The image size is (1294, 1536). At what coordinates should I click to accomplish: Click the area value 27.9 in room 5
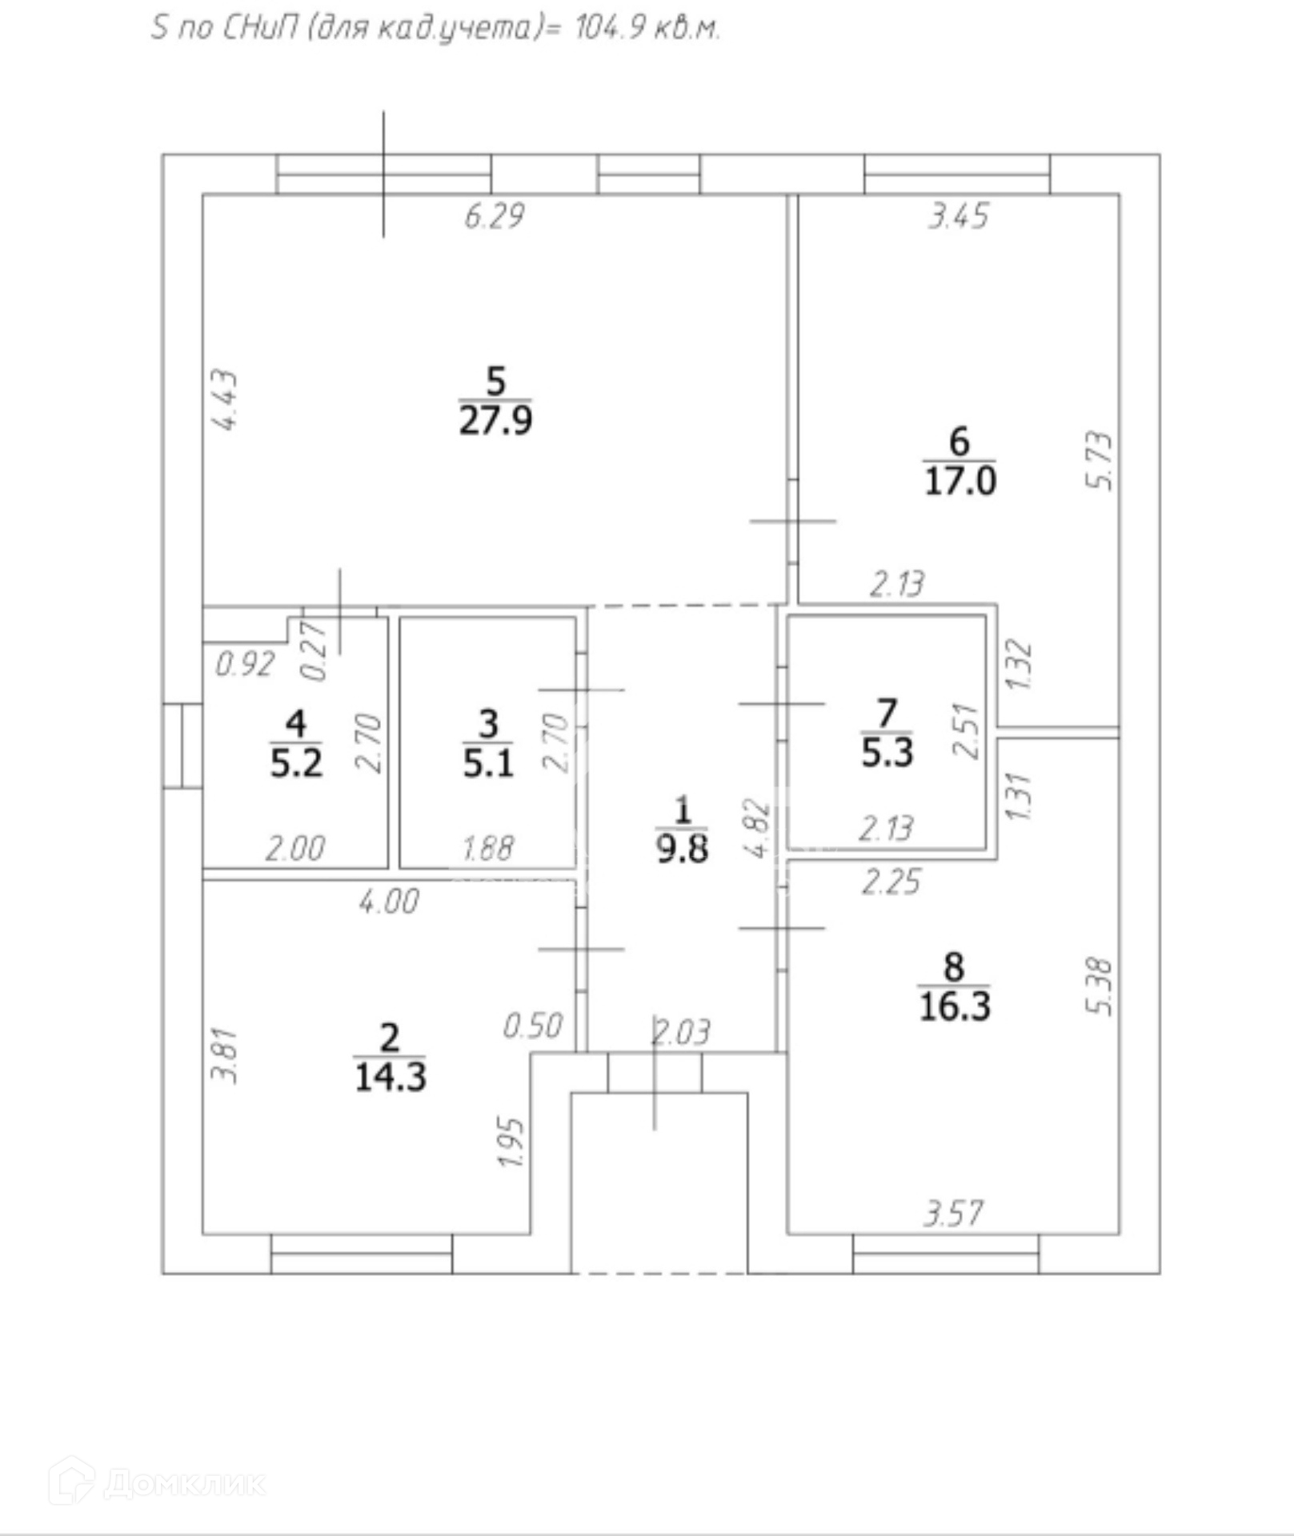click(495, 421)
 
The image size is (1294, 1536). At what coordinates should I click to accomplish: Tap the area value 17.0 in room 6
click(959, 482)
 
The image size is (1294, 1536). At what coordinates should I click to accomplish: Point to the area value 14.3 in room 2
click(390, 1077)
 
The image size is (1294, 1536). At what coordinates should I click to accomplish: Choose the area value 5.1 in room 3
click(487, 764)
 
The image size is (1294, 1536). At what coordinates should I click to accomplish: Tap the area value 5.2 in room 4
click(296, 764)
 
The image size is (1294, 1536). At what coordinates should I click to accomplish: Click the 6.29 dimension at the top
click(495, 216)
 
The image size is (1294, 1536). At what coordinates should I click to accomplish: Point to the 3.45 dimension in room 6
click(959, 216)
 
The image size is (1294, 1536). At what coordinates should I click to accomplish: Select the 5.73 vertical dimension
click(1100, 461)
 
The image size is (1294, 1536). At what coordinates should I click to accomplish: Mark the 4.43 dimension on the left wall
click(227, 400)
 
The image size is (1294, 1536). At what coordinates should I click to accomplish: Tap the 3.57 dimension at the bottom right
click(952, 1214)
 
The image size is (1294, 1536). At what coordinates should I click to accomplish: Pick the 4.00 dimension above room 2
click(389, 902)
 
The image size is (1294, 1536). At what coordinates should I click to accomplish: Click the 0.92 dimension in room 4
click(245, 663)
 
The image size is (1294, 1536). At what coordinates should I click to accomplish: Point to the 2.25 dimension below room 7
click(891, 882)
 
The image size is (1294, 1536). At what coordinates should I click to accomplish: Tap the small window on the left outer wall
click(182, 746)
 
